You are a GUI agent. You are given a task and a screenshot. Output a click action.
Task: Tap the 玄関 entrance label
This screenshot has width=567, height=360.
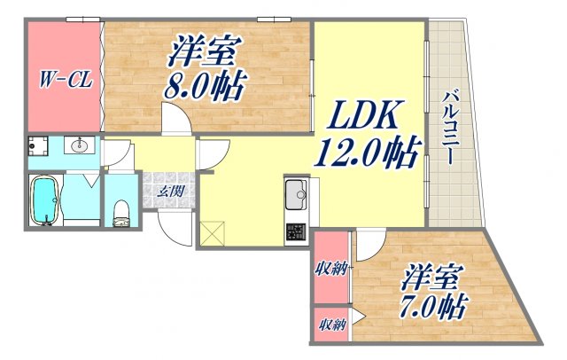pos(169,190)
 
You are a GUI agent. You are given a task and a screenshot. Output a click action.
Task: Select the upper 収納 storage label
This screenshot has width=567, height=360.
pos(331,269)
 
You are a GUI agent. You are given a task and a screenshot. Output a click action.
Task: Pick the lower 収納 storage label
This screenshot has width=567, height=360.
pos(331,325)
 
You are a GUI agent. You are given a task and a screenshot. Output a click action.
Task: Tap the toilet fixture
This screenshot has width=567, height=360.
pos(123,210)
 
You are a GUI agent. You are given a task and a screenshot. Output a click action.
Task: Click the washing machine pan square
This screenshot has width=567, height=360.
pos(37,146)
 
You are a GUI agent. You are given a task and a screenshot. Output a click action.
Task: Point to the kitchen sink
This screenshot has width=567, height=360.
pos(295,192)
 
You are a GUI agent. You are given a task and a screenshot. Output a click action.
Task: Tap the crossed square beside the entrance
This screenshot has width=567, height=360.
pos(212,232)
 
